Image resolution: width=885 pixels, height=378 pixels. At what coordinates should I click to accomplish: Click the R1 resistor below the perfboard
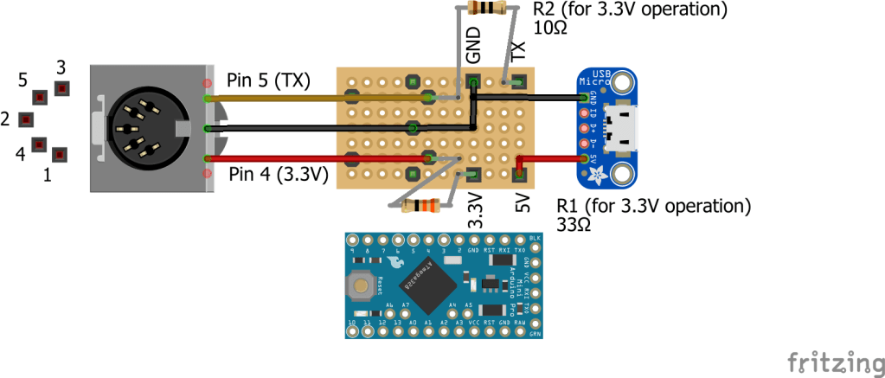(421, 206)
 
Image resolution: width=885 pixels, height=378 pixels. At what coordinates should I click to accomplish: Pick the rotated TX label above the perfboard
(518, 51)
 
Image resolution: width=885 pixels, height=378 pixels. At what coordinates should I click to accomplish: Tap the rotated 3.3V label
(475, 210)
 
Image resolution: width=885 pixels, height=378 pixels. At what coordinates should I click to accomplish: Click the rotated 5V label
(522, 204)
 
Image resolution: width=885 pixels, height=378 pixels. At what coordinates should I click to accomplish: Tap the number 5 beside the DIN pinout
(23, 80)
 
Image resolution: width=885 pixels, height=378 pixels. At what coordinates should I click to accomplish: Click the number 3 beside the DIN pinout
(61, 67)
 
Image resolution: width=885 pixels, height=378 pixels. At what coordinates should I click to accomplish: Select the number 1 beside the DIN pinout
(48, 176)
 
